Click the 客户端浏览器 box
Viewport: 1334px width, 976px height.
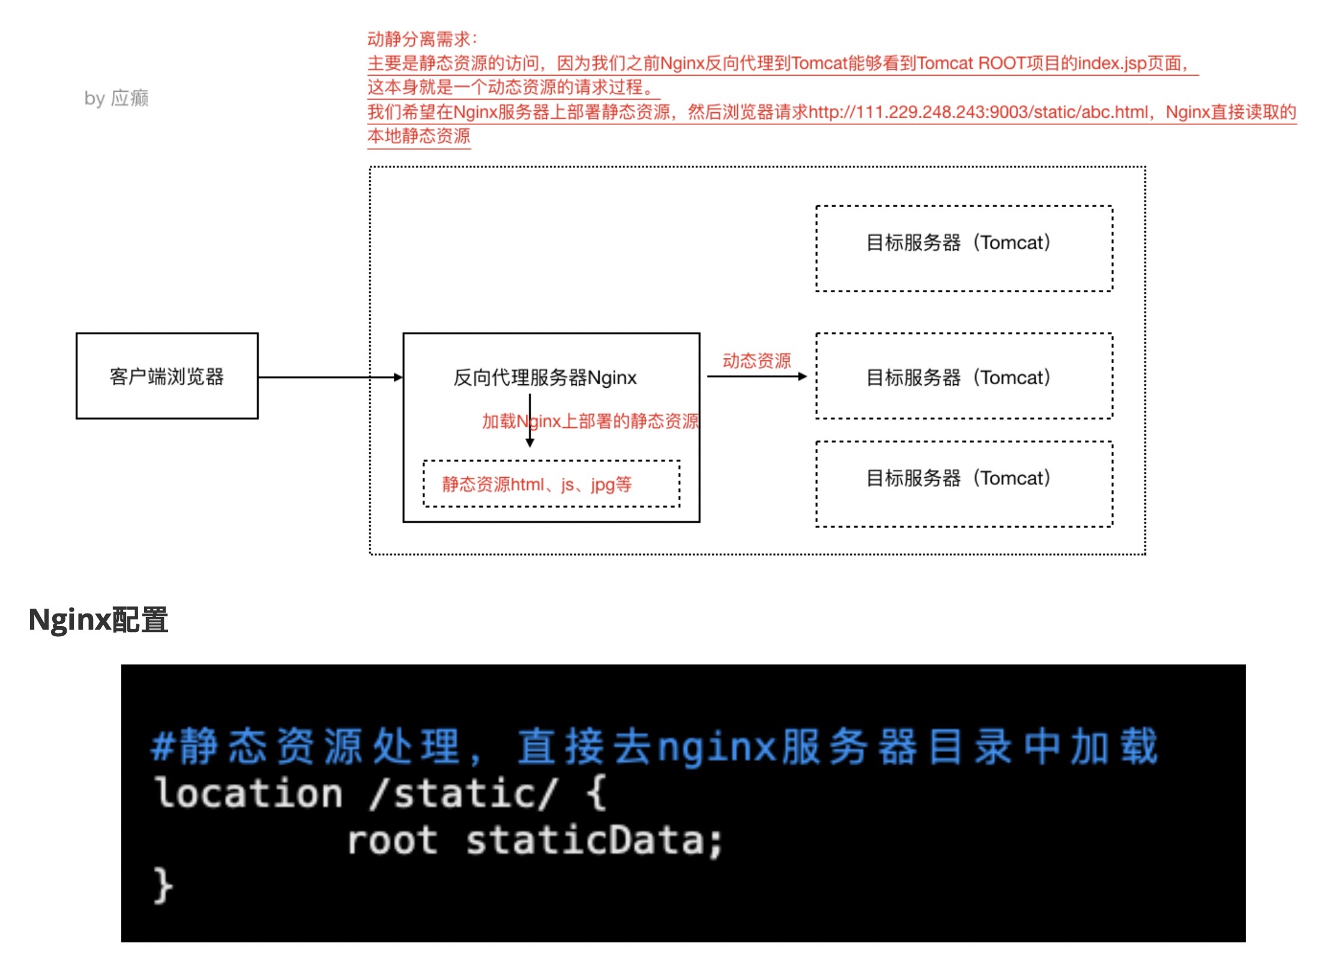tap(167, 376)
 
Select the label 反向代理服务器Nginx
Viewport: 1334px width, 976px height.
tap(545, 378)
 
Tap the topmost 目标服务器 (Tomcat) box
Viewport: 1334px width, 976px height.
tap(964, 249)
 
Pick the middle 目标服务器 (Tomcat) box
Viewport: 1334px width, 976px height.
tap(964, 376)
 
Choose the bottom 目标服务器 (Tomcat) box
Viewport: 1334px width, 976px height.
tap(964, 484)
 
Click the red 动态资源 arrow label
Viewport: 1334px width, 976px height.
tap(756, 361)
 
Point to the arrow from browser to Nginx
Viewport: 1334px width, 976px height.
tap(330, 378)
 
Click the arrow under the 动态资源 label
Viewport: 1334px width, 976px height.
tap(757, 376)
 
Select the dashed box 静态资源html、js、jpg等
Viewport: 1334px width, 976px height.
tap(551, 484)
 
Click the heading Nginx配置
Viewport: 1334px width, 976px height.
tap(98, 619)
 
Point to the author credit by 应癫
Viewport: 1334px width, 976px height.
tap(116, 98)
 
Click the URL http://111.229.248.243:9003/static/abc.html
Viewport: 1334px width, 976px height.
tap(978, 112)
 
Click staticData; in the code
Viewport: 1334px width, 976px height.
tap(594, 840)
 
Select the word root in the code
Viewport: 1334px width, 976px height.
tap(393, 840)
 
